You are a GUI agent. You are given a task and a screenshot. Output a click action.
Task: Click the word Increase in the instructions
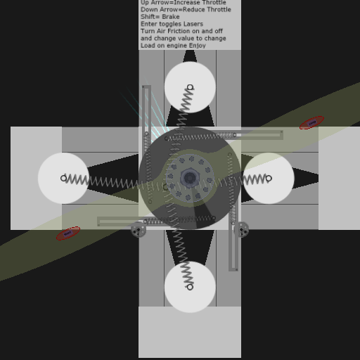click(186, 3)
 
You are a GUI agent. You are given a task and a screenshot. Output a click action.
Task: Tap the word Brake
click(172, 17)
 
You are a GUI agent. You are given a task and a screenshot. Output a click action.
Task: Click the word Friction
click(178, 31)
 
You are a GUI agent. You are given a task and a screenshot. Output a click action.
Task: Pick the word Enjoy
click(198, 46)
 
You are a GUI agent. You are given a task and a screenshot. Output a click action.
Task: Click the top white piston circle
click(190, 87)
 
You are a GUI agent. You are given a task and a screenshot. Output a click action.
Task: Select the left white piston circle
click(63, 178)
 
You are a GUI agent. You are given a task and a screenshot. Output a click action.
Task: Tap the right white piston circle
click(269, 178)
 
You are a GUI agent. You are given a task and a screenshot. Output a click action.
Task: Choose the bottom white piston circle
click(190, 287)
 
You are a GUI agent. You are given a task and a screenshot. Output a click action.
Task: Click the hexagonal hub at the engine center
click(190, 178)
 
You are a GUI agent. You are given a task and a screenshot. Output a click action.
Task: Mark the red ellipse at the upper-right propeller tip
click(311, 122)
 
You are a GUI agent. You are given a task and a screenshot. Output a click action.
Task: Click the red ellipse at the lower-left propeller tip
click(68, 233)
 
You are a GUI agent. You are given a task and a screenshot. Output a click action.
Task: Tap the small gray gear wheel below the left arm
click(139, 230)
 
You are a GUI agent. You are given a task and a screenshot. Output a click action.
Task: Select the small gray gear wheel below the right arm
click(242, 230)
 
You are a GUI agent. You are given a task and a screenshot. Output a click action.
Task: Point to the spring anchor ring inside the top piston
click(190, 87)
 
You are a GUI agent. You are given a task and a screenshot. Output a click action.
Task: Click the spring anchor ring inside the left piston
click(63, 179)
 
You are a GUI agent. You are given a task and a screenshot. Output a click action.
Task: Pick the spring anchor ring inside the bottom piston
click(190, 287)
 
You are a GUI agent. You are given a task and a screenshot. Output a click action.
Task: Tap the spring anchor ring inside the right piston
click(269, 179)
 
